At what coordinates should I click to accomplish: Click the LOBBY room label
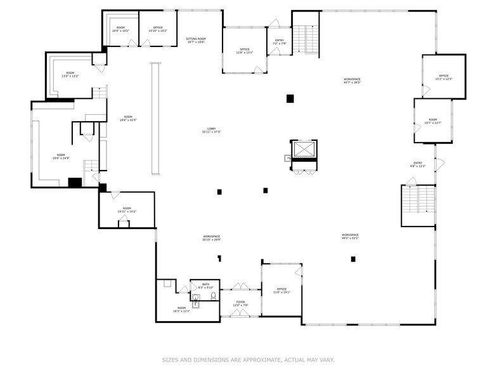(211, 130)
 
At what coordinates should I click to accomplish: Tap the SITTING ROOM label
(196, 40)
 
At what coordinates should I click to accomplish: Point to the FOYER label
(241, 303)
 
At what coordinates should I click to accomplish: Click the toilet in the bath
(214, 296)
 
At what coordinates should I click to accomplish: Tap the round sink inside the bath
(195, 297)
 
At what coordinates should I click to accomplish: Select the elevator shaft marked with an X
(302, 150)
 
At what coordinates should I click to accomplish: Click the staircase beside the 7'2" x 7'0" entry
(307, 39)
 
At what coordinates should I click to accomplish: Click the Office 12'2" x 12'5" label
(444, 77)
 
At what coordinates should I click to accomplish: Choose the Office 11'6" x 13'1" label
(281, 291)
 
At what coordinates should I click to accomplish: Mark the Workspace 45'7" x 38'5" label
(352, 81)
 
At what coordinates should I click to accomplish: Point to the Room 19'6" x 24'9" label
(61, 156)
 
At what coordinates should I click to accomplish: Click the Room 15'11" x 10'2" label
(127, 210)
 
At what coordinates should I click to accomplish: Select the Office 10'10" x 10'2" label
(158, 29)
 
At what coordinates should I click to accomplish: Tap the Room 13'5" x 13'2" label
(70, 75)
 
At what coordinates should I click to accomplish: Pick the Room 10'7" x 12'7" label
(432, 121)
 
